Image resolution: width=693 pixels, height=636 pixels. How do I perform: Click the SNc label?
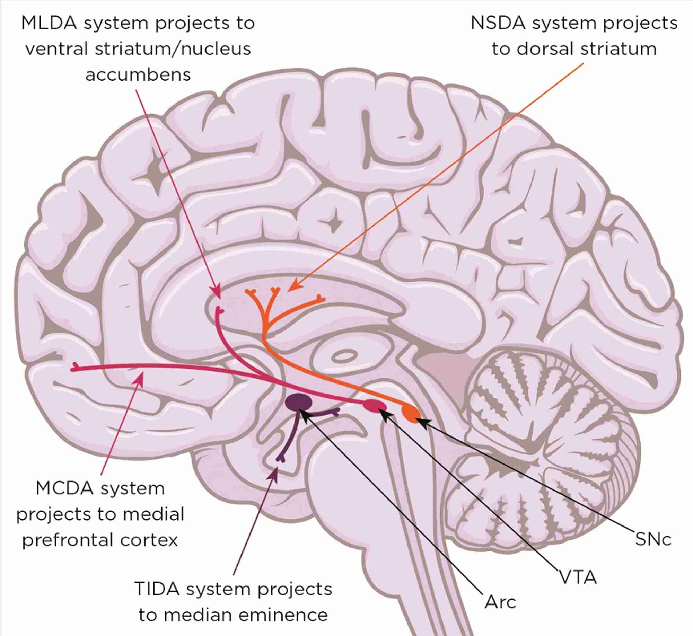click(x=653, y=539)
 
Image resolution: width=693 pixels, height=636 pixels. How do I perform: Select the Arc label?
click(x=500, y=602)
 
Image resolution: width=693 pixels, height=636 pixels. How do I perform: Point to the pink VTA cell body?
click(x=375, y=406)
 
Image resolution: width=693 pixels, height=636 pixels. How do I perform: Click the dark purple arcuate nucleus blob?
click(x=299, y=401)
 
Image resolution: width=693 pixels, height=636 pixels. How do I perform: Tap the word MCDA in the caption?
click(x=64, y=489)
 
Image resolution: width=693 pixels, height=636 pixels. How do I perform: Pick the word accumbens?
click(x=138, y=74)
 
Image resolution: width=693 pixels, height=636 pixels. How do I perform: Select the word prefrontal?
click(x=61, y=540)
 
